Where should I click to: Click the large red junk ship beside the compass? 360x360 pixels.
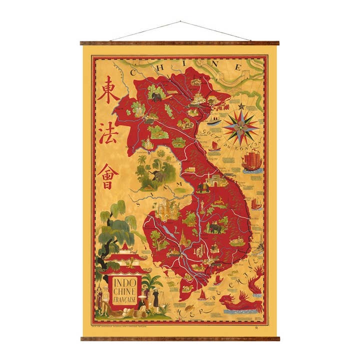pos(251,161)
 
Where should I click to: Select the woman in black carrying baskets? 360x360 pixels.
pos(156,300)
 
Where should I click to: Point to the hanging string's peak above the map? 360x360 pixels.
pos(180,22)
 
